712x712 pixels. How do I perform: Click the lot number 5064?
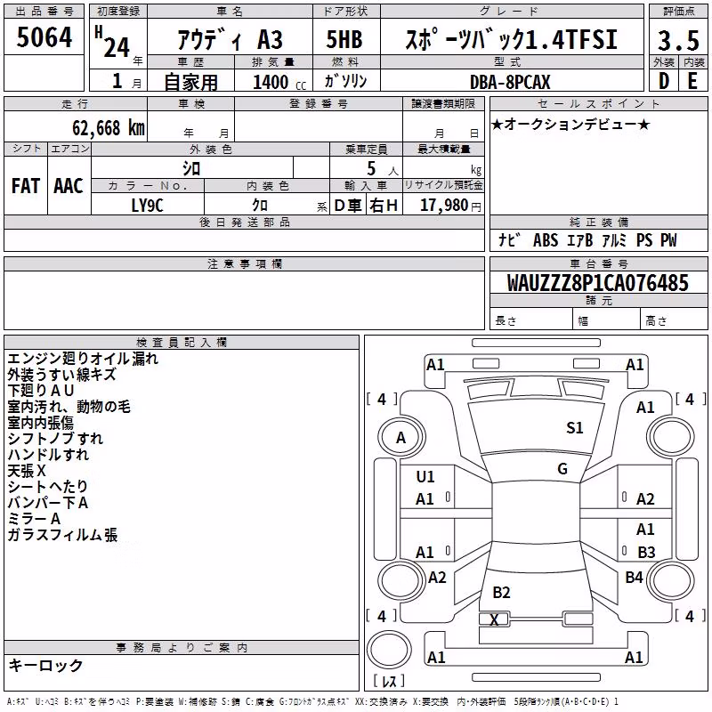44,36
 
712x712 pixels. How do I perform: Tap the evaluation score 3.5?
678,40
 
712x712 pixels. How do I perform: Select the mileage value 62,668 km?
109,127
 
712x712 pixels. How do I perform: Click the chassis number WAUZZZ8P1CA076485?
597,282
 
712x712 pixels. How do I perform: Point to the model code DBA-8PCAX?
510,82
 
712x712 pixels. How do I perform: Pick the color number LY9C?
147,206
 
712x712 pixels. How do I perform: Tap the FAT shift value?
26,186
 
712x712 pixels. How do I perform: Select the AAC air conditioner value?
69,186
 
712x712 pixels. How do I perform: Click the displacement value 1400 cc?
279,82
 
